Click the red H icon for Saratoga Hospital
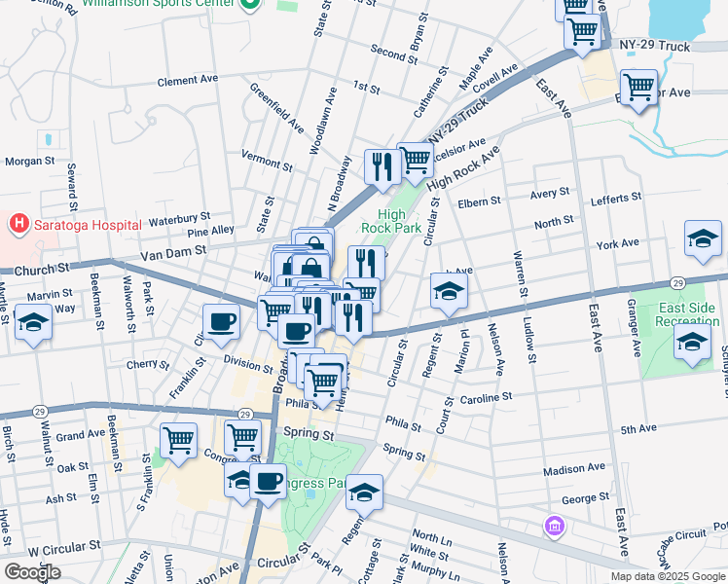[18, 225]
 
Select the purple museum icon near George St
[555, 527]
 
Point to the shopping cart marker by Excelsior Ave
[638, 89]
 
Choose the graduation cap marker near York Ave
[703, 239]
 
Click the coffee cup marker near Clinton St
[221, 321]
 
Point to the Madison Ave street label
[573, 470]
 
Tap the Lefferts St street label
[613, 198]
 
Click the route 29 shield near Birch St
[40, 412]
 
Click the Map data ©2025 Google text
[668, 576]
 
